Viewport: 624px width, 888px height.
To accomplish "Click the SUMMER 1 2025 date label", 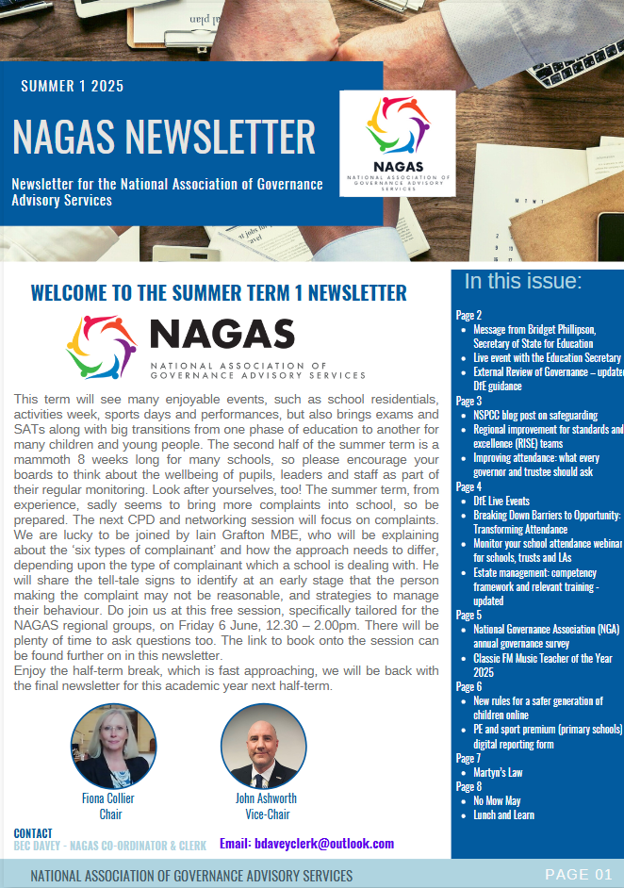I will [x=72, y=87].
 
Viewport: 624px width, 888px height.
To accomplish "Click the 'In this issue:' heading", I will [x=523, y=281].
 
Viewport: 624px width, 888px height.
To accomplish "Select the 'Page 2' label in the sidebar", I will [x=468, y=315].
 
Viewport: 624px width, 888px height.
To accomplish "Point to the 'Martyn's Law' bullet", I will [x=498, y=772].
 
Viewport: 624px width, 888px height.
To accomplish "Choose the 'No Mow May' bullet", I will [x=497, y=800].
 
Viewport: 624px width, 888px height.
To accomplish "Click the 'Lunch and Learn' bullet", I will [x=503, y=814].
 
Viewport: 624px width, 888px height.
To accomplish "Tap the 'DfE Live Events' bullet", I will [x=501, y=501].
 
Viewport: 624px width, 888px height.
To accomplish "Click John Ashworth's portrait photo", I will [x=263, y=746].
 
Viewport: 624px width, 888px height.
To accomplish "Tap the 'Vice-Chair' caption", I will [x=266, y=814].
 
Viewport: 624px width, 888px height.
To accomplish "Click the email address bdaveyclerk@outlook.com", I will [x=306, y=844].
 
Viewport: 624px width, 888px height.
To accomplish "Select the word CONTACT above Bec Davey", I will [x=33, y=833].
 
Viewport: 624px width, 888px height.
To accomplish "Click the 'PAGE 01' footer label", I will [x=578, y=874].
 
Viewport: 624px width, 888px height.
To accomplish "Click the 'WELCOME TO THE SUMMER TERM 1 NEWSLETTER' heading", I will [x=219, y=292].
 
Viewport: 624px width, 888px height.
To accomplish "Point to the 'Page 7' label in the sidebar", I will [x=468, y=758].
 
